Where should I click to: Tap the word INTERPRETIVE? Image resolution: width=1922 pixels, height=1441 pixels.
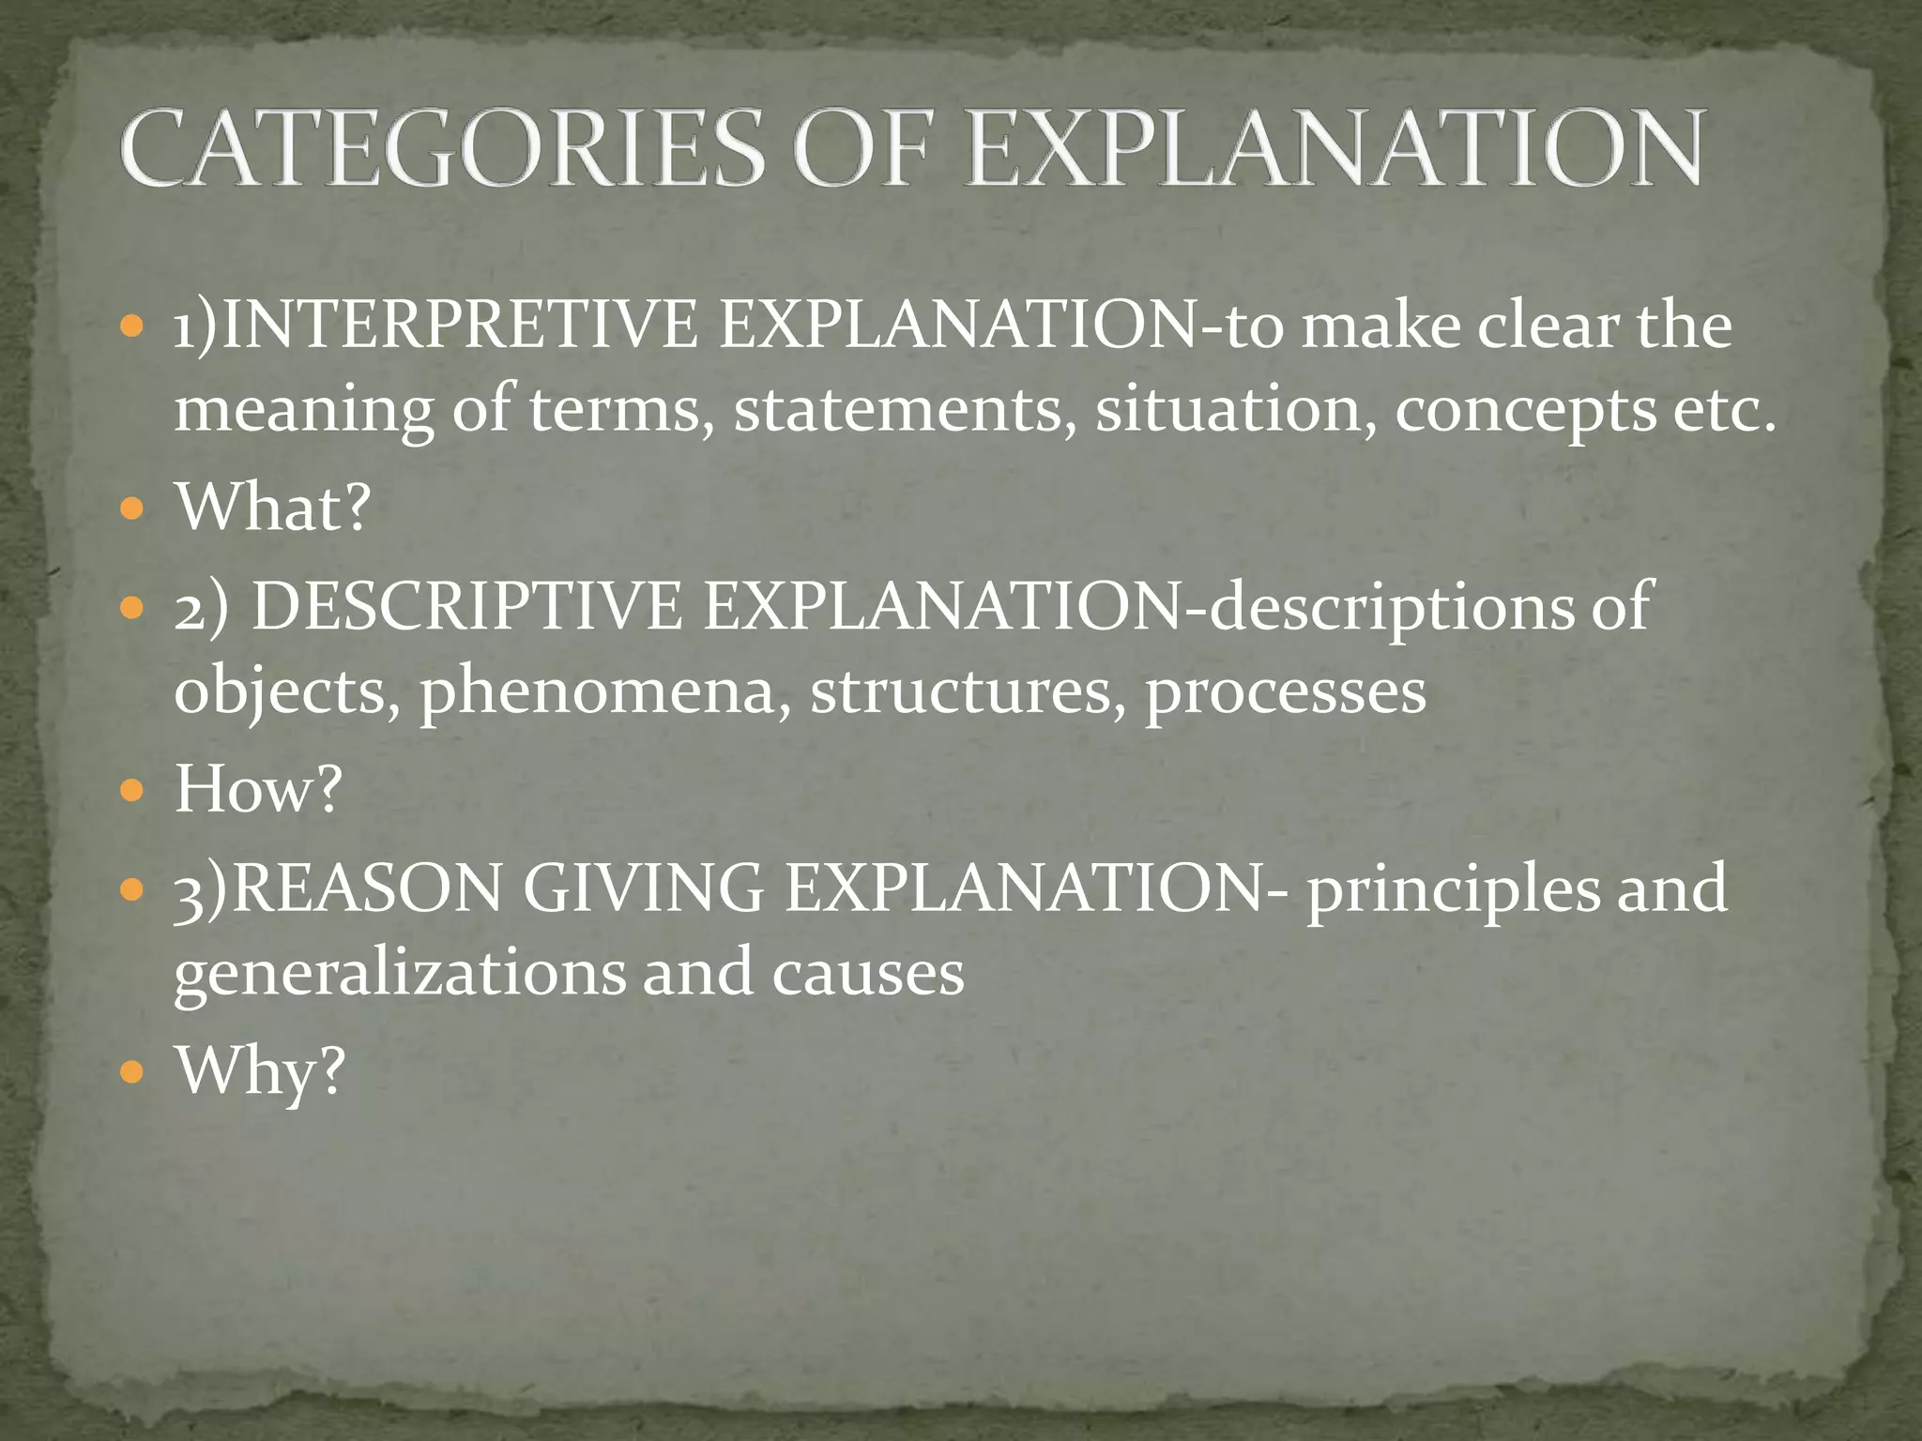click(460, 325)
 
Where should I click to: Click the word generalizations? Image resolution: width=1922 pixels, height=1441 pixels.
click(400, 974)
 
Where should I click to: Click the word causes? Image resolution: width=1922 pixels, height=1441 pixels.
click(868, 974)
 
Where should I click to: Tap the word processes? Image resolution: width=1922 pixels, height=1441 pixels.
click(1286, 692)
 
